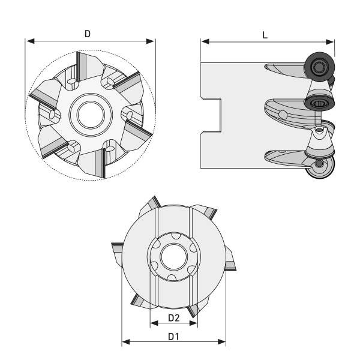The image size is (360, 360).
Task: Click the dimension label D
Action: coord(88,34)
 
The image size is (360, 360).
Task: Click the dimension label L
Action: coord(265,35)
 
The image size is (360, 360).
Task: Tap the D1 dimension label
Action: coord(173,337)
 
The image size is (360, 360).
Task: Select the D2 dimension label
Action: coord(174,318)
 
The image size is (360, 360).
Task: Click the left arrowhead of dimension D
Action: coord(31,41)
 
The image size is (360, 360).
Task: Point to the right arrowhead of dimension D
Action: coord(150,41)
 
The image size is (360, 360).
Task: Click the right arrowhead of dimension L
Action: coord(329,42)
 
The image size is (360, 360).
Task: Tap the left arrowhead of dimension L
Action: coord(205,41)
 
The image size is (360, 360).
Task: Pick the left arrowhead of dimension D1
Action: coord(126,341)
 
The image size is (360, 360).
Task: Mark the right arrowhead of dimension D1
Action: coord(221,341)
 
